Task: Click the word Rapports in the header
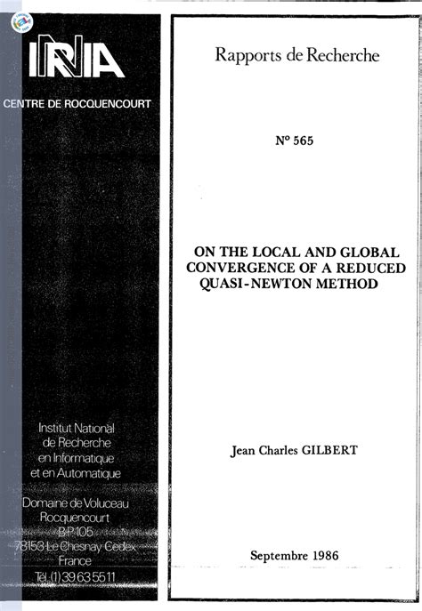tap(248, 56)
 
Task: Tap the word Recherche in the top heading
tap(342, 56)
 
